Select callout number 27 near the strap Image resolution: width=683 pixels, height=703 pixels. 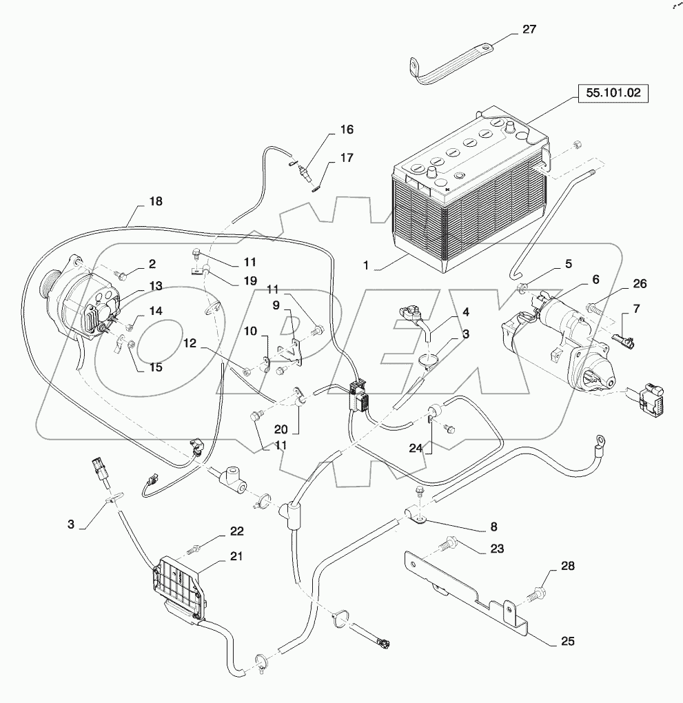529,30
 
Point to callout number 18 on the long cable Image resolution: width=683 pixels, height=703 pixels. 156,202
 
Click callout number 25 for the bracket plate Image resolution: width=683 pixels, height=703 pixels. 567,641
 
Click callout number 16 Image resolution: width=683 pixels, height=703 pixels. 345,130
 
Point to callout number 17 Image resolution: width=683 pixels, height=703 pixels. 346,158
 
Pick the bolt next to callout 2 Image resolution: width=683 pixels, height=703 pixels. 122,276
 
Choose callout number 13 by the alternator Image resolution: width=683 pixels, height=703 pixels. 155,286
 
